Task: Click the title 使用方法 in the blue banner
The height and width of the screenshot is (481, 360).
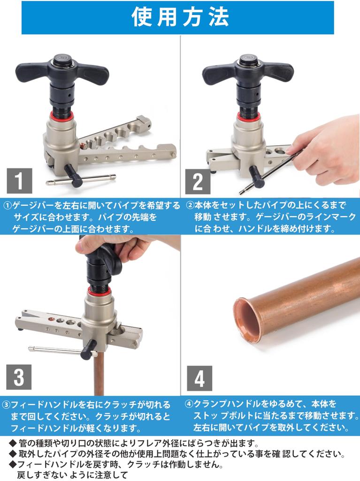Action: tap(180, 18)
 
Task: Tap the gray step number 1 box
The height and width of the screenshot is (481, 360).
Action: tap(19, 181)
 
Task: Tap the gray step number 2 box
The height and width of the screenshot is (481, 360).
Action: tap(198, 181)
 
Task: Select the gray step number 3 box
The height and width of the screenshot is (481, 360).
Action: tap(19, 378)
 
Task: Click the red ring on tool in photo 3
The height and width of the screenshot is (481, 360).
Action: tap(97, 292)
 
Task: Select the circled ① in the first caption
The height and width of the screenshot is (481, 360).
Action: tap(8, 206)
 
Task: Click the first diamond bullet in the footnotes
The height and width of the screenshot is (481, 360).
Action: tap(12, 443)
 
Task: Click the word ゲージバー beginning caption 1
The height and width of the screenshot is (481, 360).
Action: tap(31, 206)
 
